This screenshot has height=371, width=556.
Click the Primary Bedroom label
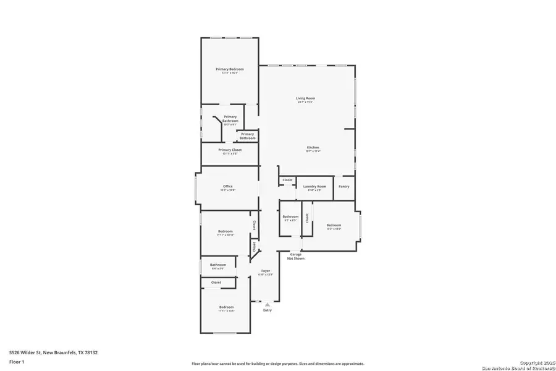(x=229, y=69)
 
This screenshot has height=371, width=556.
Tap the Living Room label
(x=305, y=98)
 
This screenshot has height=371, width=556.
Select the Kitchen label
(x=313, y=147)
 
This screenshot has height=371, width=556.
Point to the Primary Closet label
(x=229, y=150)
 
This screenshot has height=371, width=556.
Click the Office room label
(x=227, y=186)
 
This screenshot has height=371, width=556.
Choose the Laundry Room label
(x=314, y=186)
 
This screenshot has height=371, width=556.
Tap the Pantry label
(x=344, y=186)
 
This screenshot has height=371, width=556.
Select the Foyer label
(x=266, y=271)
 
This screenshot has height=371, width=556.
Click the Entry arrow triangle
(x=267, y=304)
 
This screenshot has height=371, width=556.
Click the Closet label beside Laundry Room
(x=287, y=180)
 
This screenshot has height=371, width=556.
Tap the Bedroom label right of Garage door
(x=334, y=225)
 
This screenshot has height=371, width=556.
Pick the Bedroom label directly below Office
(x=225, y=231)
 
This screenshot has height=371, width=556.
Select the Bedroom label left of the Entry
(x=226, y=307)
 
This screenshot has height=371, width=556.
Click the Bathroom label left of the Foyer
(x=217, y=265)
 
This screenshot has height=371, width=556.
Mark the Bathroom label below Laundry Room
(x=290, y=216)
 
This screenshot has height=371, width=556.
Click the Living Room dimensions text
(x=305, y=102)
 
